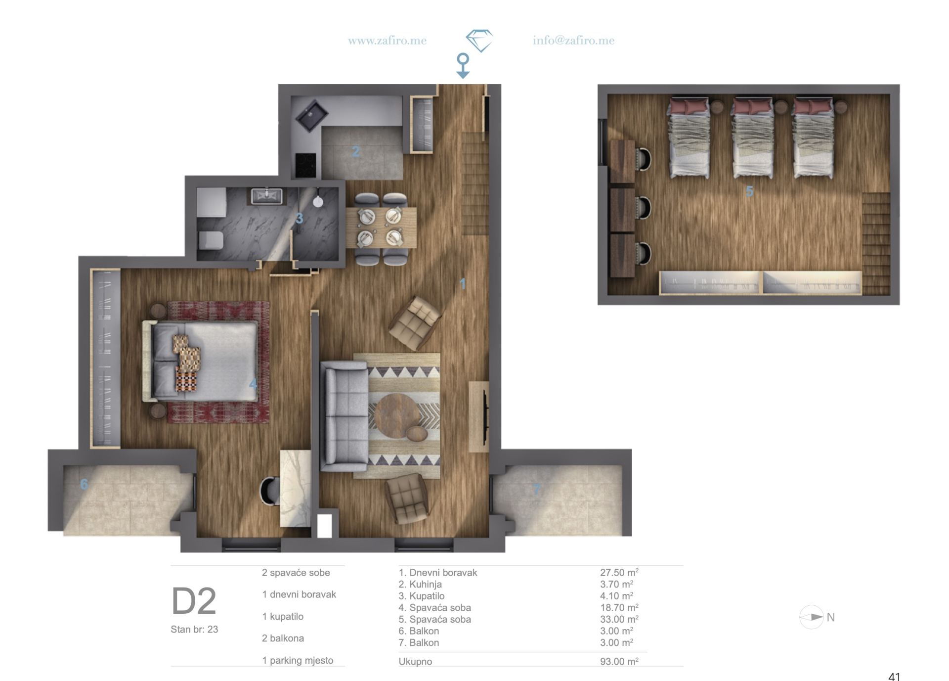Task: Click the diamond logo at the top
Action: pyautogui.click(x=479, y=41)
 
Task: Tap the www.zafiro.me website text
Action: pyautogui.click(x=387, y=41)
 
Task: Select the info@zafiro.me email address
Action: pyautogui.click(x=573, y=41)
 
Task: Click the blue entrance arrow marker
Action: pyautogui.click(x=463, y=66)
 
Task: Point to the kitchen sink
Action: pyautogui.click(x=311, y=115)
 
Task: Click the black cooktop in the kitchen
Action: pyautogui.click(x=305, y=165)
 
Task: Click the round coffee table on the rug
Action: pyautogui.click(x=396, y=415)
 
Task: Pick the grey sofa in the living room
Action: pyautogui.click(x=345, y=416)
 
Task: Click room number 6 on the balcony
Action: pyautogui.click(x=84, y=484)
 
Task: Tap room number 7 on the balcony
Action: pyautogui.click(x=537, y=490)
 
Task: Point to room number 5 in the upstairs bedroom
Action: pyautogui.click(x=749, y=191)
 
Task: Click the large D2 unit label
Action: pyautogui.click(x=194, y=601)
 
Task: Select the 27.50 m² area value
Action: pyautogui.click(x=619, y=573)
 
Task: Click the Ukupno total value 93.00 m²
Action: pyautogui.click(x=619, y=662)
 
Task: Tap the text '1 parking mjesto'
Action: pyautogui.click(x=298, y=661)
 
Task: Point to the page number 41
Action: pyautogui.click(x=894, y=677)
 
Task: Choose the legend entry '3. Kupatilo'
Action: pyautogui.click(x=422, y=596)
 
